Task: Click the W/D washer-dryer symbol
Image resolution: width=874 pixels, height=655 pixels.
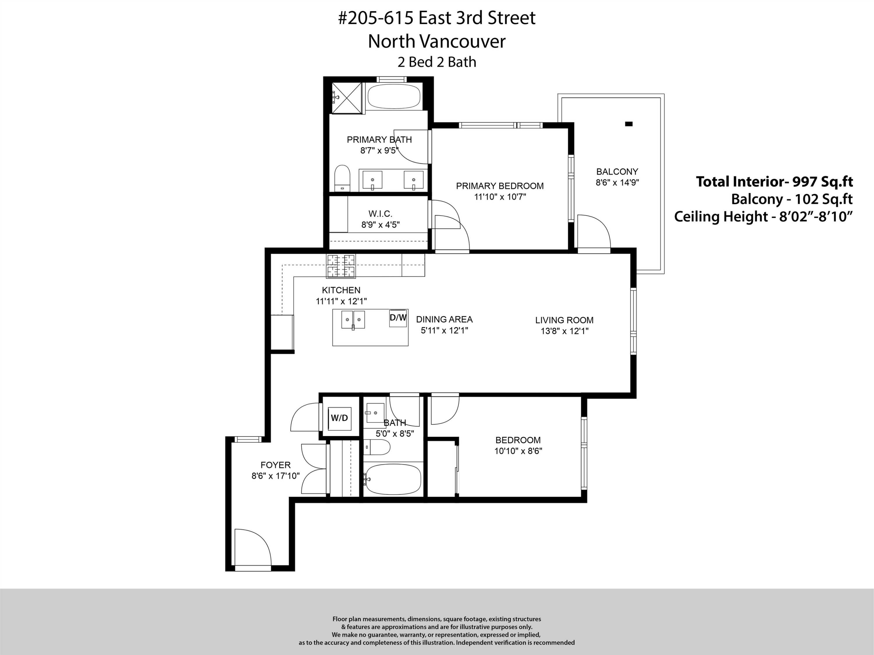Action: click(339, 418)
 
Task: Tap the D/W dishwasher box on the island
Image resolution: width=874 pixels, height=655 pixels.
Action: click(398, 318)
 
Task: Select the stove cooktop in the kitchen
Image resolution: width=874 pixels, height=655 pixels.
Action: click(341, 266)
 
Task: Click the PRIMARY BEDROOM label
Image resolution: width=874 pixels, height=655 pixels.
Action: click(500, 186)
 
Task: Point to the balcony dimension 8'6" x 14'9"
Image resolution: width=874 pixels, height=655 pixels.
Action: click(617, 183)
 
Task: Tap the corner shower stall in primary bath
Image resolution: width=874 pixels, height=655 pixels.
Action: click(346, 98)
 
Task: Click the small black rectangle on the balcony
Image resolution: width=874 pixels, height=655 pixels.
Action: click(629, 124)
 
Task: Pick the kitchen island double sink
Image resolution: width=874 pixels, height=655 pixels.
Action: click(353, 319)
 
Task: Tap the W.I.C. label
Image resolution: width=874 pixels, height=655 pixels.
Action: click(380, 214)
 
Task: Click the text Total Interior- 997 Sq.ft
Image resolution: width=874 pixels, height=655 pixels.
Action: click(774, 182)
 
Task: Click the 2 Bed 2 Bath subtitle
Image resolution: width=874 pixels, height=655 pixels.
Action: click(437, 62)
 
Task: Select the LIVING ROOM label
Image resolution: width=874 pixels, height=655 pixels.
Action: click(564, 320)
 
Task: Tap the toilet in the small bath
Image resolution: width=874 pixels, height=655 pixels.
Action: click(378, 447)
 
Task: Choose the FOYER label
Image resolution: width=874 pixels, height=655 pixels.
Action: click(275, 465)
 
